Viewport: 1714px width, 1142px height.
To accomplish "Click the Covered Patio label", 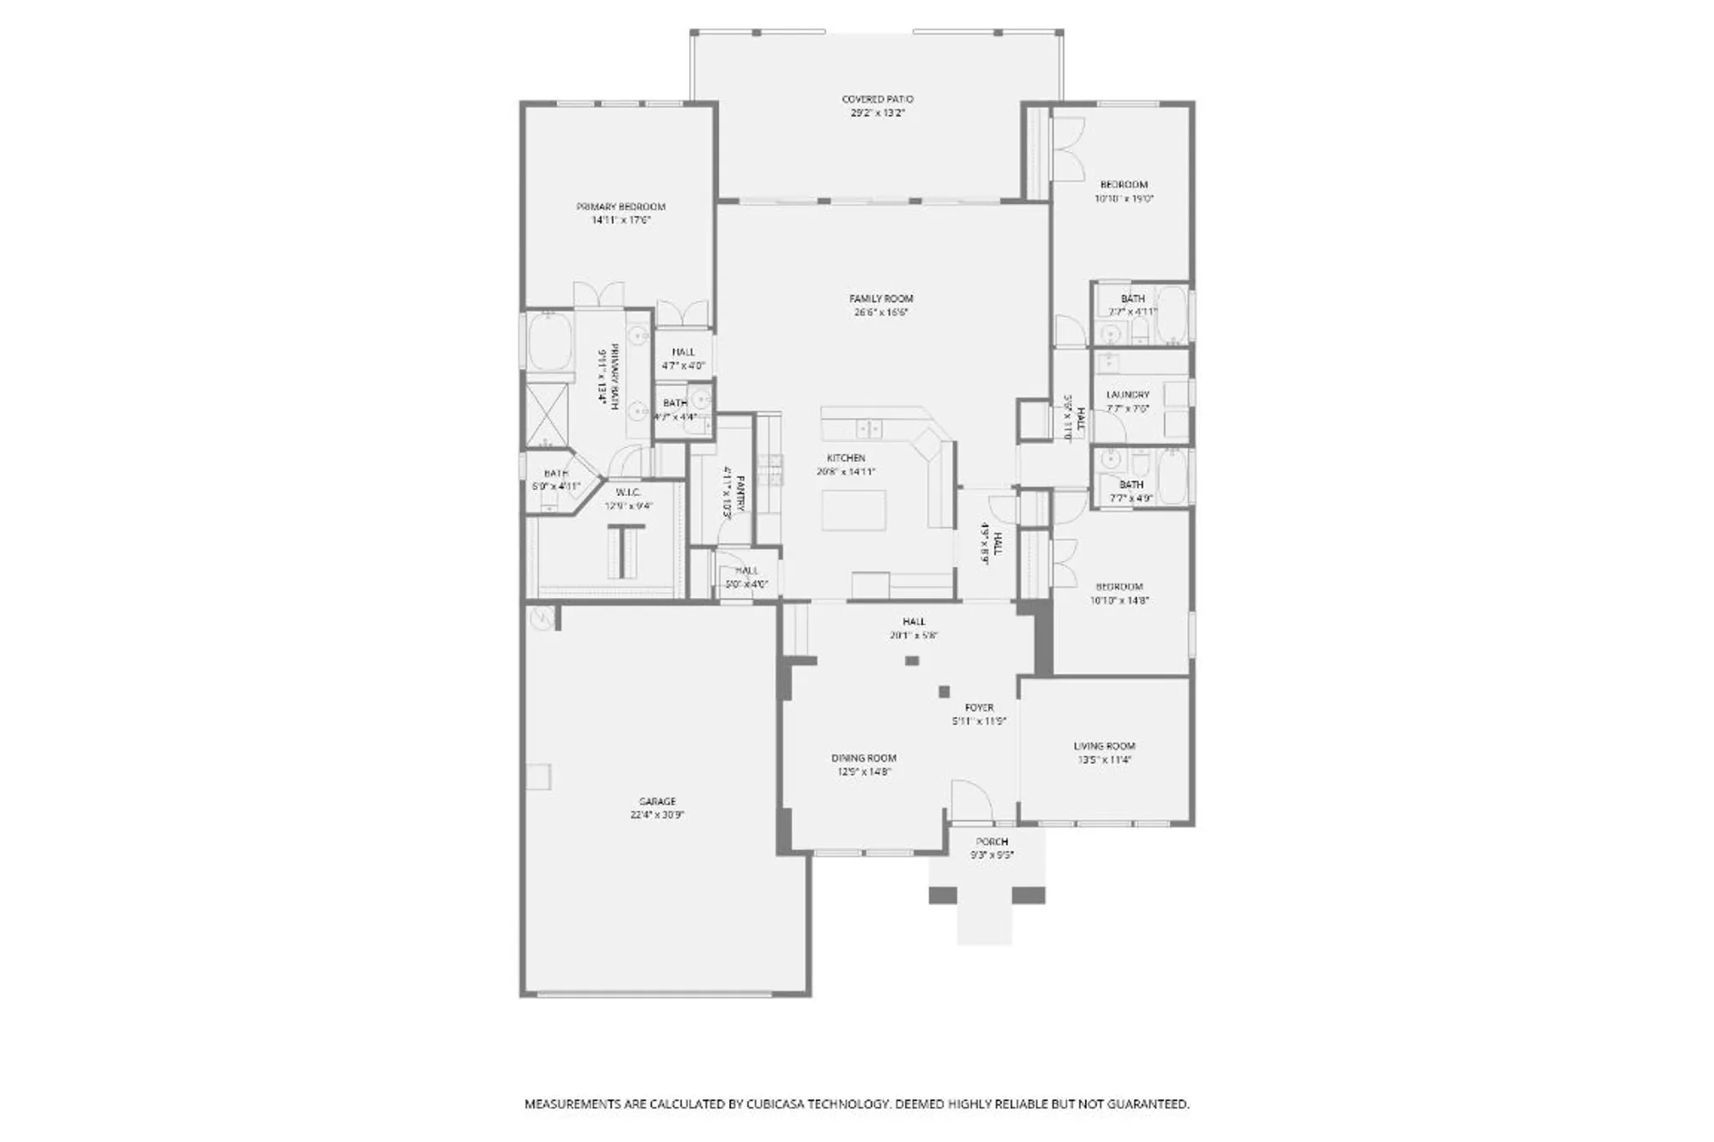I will tap(878, 99).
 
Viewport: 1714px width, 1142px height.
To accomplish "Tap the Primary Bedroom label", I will tap(620, 206).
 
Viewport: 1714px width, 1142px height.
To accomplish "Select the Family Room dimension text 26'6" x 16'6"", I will tap(881, 313).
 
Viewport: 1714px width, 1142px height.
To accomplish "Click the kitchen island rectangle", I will tap(854, 511).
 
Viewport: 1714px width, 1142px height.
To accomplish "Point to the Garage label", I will tap(657, 802).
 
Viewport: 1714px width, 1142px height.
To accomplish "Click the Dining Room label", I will tap(863, 758).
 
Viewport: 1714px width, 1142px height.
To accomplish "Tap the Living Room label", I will tap(1104, 746).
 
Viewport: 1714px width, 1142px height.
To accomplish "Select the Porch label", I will tap(992, 842).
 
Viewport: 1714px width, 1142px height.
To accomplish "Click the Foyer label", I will tap(979, 708).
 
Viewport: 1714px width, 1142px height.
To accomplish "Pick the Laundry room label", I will tap(1127, 395).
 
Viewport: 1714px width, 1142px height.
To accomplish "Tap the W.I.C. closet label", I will tap(628, 493).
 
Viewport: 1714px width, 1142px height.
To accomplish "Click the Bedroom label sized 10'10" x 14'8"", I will tap(1119, 587).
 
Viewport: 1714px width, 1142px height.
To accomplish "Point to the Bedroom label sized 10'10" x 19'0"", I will tap(1124, 184).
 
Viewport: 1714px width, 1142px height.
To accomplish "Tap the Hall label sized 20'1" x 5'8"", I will tap(914, 622).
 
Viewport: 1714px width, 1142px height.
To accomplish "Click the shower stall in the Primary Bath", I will tap(546, 414).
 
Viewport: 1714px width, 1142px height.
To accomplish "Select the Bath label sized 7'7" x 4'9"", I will tap(1131, 485).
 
